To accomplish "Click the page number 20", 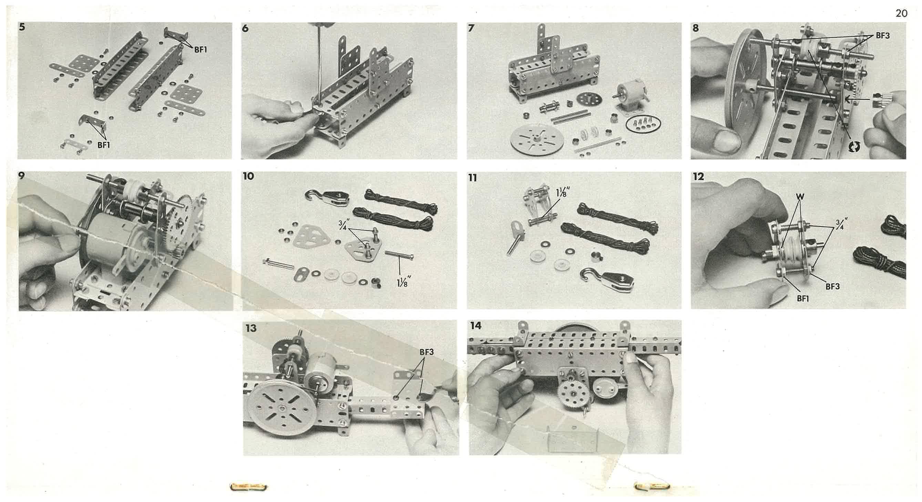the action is pos(901,13).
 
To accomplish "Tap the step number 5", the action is pos(22,27).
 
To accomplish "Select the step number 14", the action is pos(476,325).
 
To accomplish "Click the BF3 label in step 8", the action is pos(883,36).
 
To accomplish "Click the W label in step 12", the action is pos(800,196).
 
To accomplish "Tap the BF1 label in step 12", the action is pos(803,298).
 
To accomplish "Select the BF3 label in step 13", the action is pos(427,352).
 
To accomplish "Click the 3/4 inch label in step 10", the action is pos(342,225).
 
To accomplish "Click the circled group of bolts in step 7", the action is pos(643,124).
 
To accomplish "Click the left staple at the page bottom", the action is pos(248,486).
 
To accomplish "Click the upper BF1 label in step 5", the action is pos(201,50).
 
